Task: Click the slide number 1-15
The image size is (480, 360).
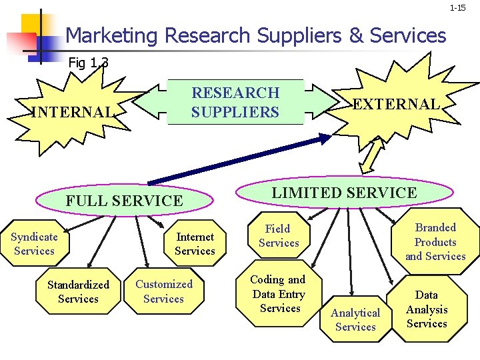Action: tap(457, 8)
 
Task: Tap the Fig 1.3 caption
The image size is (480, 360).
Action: tap(88, 63)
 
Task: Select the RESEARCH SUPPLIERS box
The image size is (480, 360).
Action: tap(235, 103)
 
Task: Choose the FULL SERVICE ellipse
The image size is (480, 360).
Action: tap(124, 201)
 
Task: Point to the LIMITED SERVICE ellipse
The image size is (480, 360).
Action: tap(344, 193)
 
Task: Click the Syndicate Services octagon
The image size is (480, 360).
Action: tap(34, 244)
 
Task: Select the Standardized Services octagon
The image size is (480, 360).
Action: tap(78, 291)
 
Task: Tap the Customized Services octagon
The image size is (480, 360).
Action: tap(163, 291)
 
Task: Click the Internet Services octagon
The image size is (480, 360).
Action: tap(195, 244)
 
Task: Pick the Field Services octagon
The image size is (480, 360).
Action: tap(279, 236)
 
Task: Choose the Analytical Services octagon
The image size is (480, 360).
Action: tap(355, 319)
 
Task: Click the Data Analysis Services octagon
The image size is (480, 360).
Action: tap(427, 309)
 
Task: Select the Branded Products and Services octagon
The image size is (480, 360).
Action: tap(435, 241)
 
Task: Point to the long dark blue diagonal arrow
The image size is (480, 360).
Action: tap(240, 160)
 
